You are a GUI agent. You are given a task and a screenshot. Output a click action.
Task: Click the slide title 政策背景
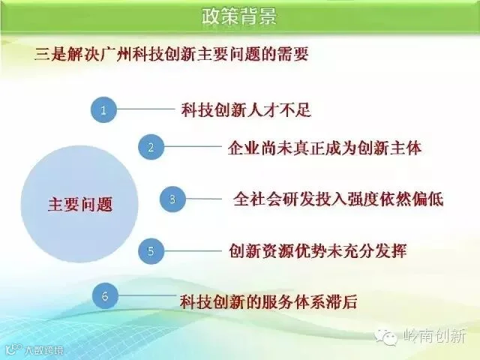(239, 16)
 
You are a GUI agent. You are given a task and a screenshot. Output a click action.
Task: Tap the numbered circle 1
(103, 110)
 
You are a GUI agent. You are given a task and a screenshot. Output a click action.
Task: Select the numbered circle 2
(151, 147)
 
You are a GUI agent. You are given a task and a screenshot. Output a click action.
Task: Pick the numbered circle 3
(172, 199)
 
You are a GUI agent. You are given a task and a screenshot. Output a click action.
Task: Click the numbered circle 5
(151, 251)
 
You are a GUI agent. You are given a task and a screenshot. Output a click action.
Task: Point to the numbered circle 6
(105, 295)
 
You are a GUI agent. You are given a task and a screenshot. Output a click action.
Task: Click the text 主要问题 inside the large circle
(80, 204)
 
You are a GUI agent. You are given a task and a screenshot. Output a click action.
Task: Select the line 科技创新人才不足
(246, 110)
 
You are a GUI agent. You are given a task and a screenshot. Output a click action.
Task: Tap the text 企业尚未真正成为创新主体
(325, 148)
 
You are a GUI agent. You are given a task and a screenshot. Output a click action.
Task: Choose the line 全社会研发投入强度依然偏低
(338, 199)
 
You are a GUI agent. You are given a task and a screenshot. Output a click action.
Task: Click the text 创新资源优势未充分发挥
(318, 251)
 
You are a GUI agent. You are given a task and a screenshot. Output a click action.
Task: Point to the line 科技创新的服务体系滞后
(268, 301)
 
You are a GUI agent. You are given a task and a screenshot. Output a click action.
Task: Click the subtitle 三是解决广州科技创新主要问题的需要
(172, 55)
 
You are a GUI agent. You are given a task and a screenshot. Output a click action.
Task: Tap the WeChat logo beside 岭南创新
(385, 337)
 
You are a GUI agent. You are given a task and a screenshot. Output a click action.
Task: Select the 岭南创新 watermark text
(434, 337)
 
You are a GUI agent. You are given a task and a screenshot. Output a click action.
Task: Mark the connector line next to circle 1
(145, 109)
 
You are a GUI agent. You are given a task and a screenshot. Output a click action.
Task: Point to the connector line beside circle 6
(147, 295)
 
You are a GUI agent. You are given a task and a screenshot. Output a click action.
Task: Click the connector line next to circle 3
(204, 199)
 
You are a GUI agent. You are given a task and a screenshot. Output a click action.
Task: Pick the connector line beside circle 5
(193, 251)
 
